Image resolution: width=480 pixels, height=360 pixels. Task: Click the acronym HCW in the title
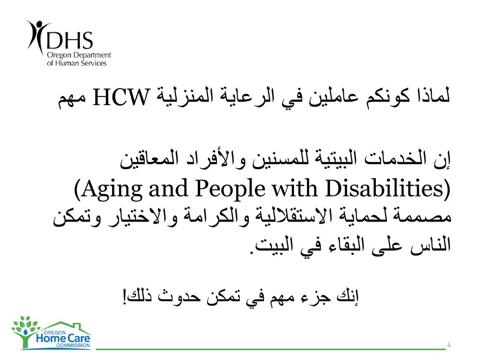pos(120,97)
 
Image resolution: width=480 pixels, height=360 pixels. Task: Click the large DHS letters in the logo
pos(69,40)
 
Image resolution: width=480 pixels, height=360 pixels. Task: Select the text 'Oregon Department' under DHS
pos(79,55)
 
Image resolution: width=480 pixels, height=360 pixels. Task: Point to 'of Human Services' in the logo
pos(76,63)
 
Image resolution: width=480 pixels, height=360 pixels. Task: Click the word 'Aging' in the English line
pos(112,189)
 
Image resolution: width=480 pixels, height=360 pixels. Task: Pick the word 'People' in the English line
pos(230,189)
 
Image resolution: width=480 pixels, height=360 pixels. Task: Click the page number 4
pos(449,345)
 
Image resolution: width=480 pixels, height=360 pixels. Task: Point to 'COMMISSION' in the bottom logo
pos(73,345)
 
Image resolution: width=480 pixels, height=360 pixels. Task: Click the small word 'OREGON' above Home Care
pos(55,332)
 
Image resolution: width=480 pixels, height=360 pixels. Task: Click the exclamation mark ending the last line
pos(125,296)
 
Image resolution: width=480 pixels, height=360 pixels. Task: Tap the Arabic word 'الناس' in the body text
pos(430,245)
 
